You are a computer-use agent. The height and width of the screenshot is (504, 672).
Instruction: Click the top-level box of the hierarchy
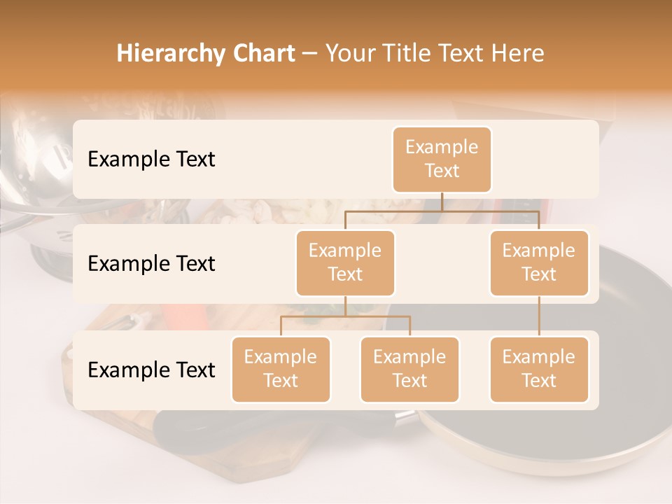[442, 159]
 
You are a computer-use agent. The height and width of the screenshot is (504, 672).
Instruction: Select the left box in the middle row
[345, 262]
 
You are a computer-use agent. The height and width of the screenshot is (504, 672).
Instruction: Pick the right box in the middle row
[539, 262]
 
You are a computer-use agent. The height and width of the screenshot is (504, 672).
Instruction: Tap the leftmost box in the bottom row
[281, 369]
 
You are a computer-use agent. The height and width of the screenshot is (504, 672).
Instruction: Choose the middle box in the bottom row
[409, 369]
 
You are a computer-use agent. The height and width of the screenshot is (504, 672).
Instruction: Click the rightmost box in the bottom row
[539, 369]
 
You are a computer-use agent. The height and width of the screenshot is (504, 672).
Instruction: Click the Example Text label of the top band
[151, 159]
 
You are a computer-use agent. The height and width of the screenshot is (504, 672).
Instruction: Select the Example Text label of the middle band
[151, 263]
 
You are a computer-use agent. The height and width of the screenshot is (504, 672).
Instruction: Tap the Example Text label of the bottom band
[151, 370]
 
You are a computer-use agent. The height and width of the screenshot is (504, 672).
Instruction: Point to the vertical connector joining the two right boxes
[539, 316]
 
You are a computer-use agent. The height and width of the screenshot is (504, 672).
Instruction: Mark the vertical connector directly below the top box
[442, 202]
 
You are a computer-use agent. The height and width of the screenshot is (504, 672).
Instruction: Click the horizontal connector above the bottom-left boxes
[345, 316]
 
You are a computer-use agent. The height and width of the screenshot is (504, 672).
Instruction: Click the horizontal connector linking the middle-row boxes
[442, 211]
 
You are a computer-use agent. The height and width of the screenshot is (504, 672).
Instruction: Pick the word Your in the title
[351, 53]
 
